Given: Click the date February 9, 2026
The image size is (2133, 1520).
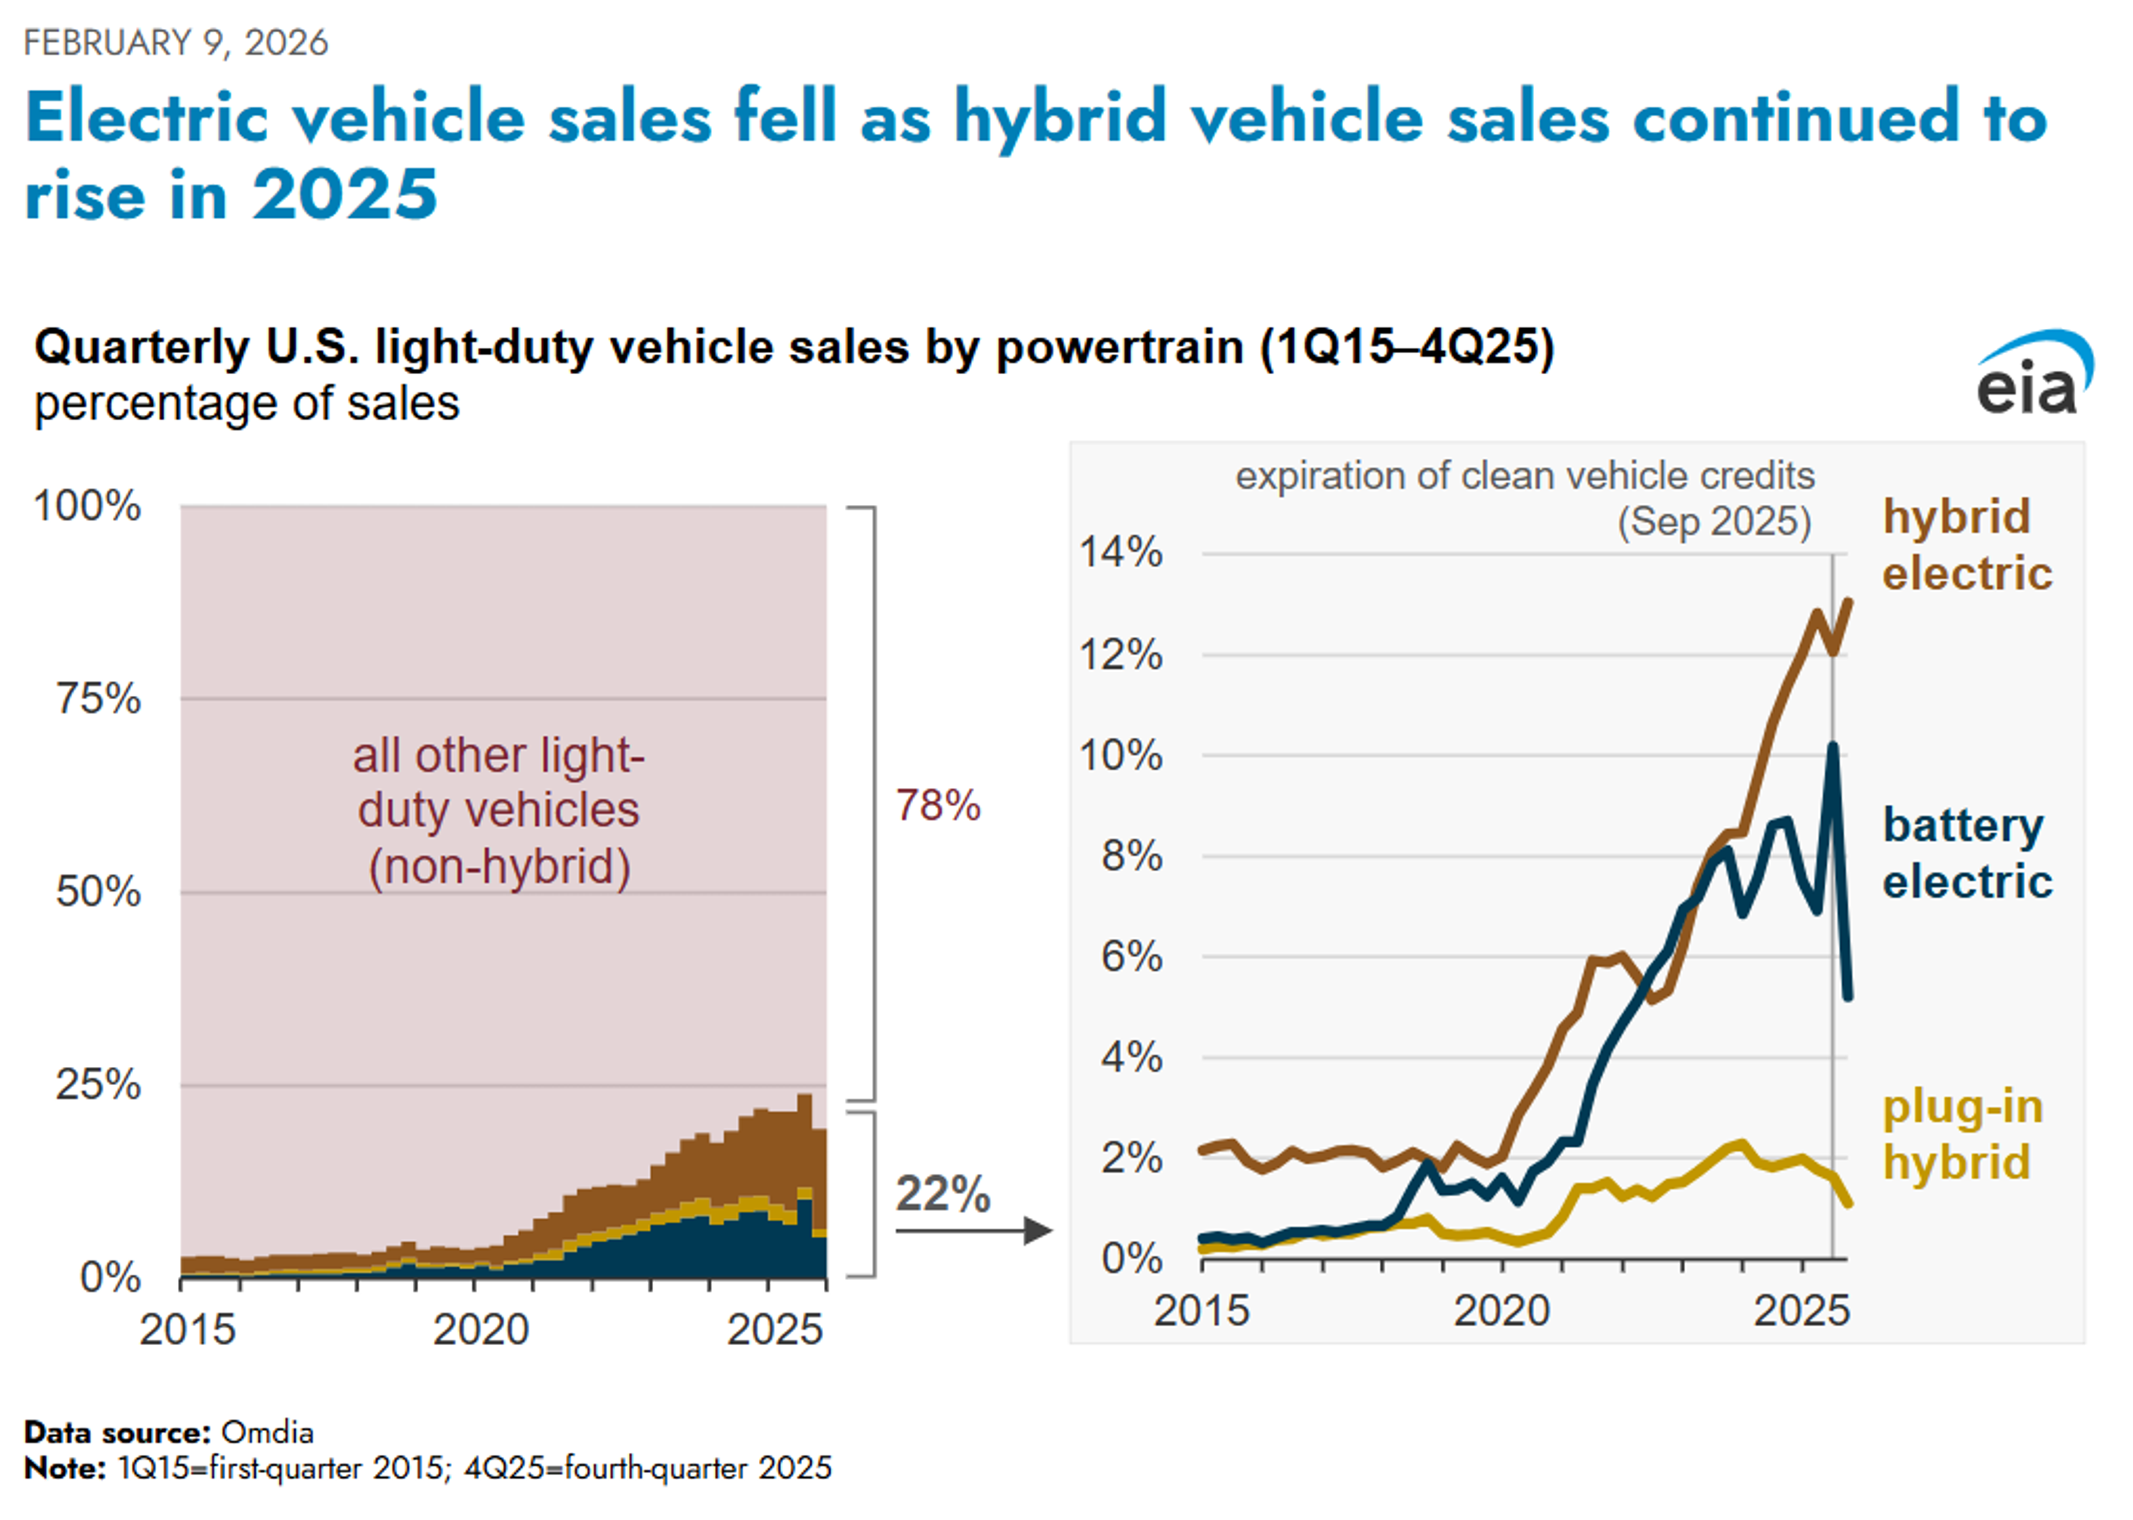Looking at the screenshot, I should point(176,43).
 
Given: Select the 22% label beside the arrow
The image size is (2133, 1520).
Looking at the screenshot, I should point(942,1193).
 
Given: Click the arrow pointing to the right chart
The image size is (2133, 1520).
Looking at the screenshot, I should point(973,1230).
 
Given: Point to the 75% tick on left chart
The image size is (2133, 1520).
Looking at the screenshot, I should point(98,698).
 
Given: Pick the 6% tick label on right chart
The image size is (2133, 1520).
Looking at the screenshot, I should point(1130,956).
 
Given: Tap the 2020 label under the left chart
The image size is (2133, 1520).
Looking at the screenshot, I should point(480,1329).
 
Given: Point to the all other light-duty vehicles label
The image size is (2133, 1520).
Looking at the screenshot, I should point(498,811).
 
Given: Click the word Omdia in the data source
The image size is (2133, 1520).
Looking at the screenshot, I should point(267,1432).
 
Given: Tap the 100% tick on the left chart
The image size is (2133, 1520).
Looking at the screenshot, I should point(87,506).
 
